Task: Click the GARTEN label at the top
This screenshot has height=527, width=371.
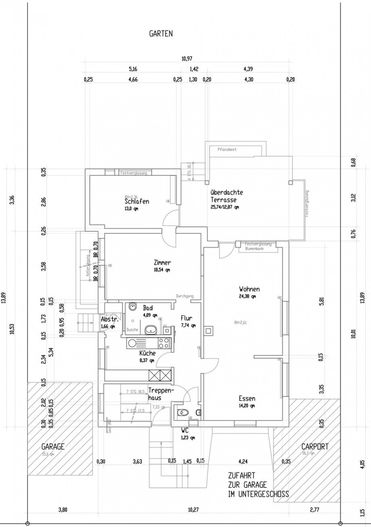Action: click(161, 34)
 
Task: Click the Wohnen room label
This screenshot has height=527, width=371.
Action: click(249, 289)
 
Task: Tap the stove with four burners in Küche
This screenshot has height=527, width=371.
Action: click(163, 343)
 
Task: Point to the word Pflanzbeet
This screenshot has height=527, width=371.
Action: click(227, 149)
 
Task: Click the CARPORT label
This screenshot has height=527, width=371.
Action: click(315, 447)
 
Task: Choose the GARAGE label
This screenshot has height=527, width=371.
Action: click(53, 447)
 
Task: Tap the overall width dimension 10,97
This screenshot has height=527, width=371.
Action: click(186, 59)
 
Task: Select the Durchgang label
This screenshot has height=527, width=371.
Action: click(185, 296)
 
